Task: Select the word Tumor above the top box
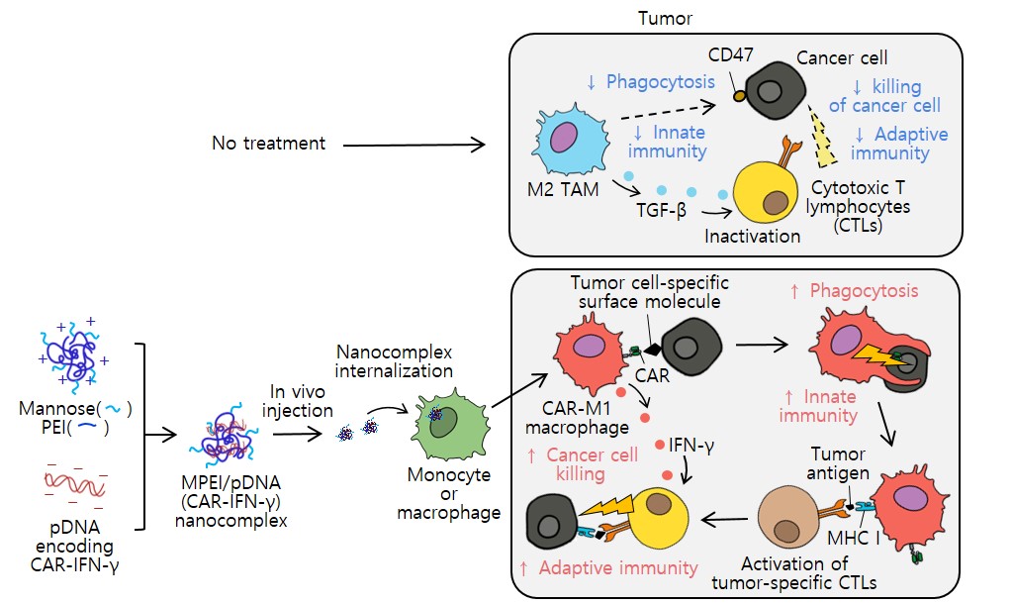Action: pos(665,19)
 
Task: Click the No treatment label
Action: pos(268,144)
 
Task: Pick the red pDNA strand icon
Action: pos(75,482)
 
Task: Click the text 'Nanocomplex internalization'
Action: pos(395,360)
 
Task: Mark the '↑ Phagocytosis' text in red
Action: pos(854,292)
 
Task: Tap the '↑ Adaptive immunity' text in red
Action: pos(607,568)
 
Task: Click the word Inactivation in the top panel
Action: pos(752,236)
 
